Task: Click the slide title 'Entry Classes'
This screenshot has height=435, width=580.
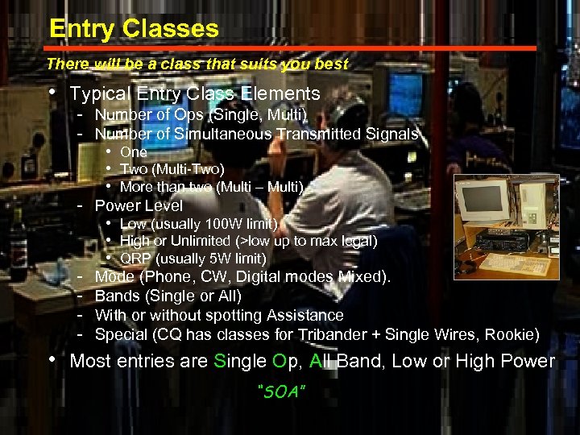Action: tap(134, 29)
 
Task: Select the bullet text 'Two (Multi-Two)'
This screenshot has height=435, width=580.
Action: tap(172, 169)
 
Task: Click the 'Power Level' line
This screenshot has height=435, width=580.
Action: tap(139, 205)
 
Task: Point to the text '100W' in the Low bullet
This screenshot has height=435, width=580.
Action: tap(225, 223)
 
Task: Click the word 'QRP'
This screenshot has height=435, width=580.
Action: tap(135, 259)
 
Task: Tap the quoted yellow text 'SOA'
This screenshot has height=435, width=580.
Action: tap(282, 391)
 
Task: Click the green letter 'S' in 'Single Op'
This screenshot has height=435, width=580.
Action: tap(221, 361)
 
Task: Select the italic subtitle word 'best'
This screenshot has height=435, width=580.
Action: tap(331, 64)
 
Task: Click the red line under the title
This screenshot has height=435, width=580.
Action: tap(290, 48)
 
